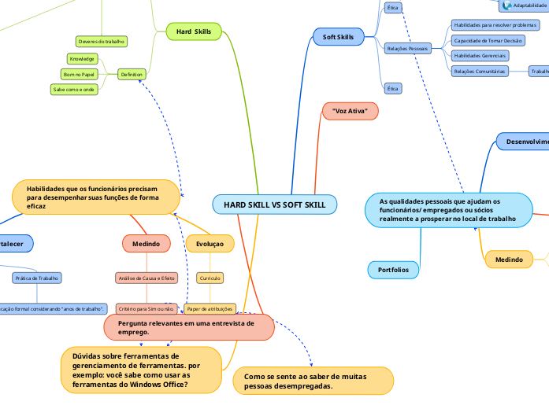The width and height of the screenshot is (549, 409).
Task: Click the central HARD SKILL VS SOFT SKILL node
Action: click(275, 204)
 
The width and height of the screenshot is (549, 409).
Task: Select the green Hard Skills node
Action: click(194, 31)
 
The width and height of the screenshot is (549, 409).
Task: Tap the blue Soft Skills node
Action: click(338, 36)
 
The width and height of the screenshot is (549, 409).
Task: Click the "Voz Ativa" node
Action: click(350, 112)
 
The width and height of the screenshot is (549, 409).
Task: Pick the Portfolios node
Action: click(393, 270)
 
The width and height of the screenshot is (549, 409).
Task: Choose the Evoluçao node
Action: click(210, 244)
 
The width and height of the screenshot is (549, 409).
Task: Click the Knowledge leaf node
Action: click(82, 59)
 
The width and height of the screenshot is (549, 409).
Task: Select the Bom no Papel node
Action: click(79, 74)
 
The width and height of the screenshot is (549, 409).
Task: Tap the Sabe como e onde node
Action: click(73, 90)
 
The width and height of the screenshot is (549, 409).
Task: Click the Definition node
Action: click(131, 74)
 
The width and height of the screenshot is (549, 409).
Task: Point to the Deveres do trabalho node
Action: click(102, 41)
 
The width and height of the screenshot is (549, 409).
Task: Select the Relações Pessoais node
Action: click(407, 48)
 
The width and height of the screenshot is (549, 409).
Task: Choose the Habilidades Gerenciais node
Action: click(479, 56)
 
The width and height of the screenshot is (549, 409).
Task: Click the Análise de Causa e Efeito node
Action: click(146, 278)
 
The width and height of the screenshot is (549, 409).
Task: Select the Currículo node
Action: click(209, 278)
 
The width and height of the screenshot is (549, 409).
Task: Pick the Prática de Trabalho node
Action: click(37, 278)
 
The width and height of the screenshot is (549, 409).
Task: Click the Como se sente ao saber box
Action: click(313, 381)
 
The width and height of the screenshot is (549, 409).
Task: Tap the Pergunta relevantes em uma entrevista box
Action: click(189, 327)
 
